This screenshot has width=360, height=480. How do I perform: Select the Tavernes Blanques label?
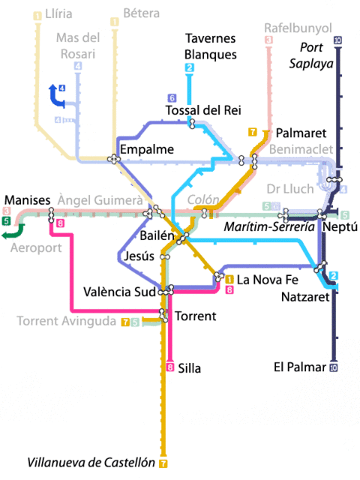point(210,46)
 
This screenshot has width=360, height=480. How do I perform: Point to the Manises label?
point(27,199)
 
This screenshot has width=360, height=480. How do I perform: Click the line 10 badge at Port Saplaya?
point(337,40)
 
